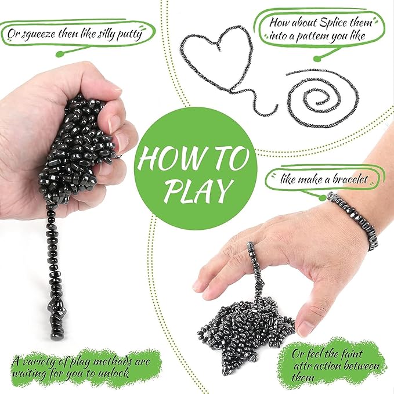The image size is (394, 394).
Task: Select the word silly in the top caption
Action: [x=97, y=31]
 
